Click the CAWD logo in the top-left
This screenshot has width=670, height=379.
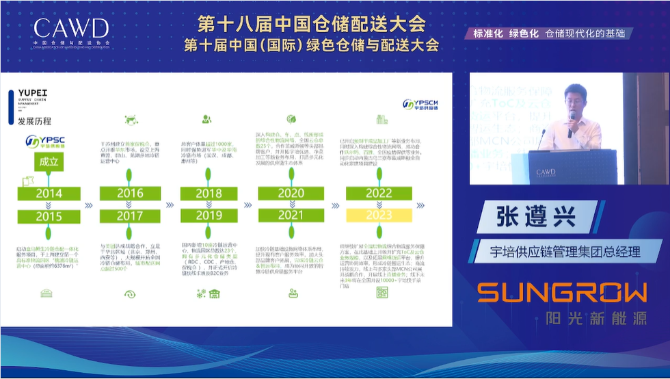[x=71, y=30]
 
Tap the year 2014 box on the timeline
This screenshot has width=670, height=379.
[x=48, y=194]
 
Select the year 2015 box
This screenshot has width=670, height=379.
[x=48, y=217]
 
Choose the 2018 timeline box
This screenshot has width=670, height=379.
[x=209, y=194]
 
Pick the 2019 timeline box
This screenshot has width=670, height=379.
[x=209, y=216]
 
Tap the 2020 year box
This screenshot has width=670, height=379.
[x=291, y=194]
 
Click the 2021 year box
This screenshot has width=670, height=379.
[x=291, y=216]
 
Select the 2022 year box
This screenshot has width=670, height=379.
[x=378, y=194]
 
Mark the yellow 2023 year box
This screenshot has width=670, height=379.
[x=378, y=216]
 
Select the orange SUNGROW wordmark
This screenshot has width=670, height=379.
[x=561, y=292]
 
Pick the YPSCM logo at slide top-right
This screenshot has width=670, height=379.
[x=420, y=104]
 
